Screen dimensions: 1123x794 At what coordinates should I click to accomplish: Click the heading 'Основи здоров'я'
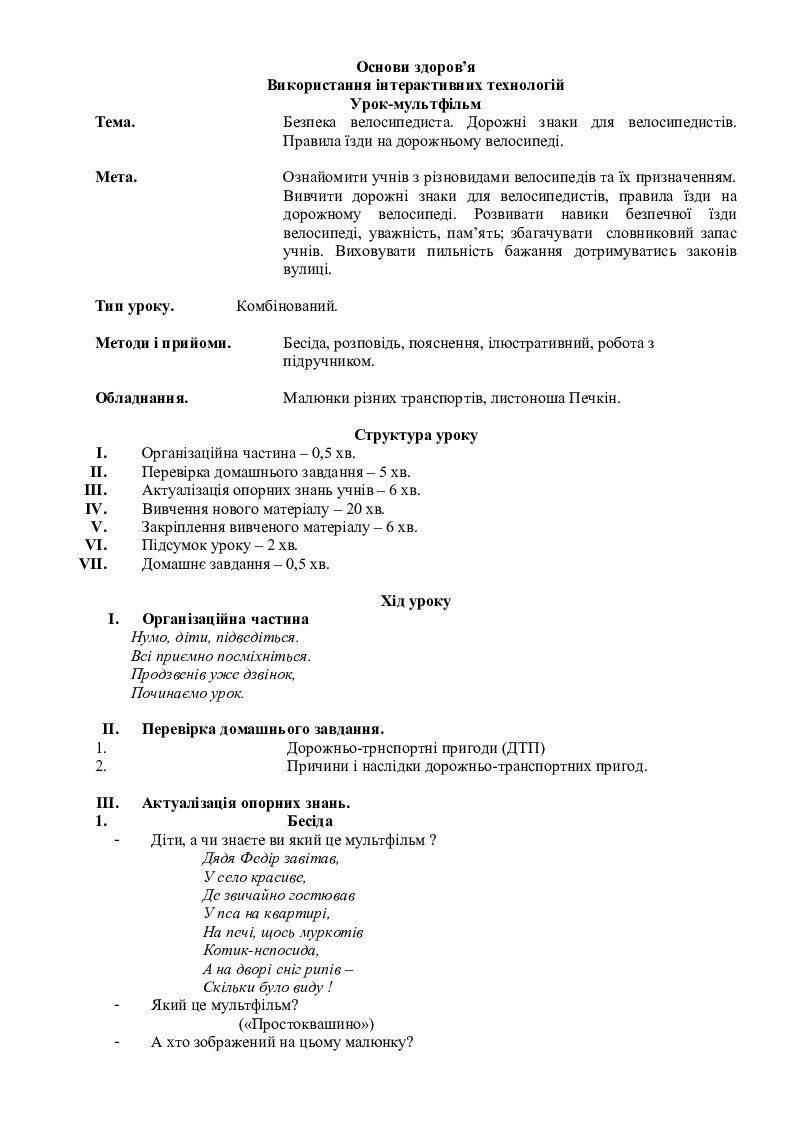(x=416, y=67)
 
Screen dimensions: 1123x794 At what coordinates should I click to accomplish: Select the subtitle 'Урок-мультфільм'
(x=416, y=103)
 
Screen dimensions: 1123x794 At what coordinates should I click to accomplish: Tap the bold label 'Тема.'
(x=116, y=122)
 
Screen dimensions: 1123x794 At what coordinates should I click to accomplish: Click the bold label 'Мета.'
(x=116, y=177)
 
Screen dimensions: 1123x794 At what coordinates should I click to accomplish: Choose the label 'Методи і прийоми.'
(x=163, y=343)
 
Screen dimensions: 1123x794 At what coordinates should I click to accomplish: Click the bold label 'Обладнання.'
(x=142, y=398)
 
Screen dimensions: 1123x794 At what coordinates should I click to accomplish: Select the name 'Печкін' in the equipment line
(x=596, y=398)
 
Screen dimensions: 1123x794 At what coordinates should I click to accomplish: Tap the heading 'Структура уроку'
(x=416, y=435)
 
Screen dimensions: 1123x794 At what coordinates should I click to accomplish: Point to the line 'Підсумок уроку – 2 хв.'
(x=220, y=545)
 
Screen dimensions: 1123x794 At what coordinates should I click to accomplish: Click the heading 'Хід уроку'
(x=416, y=601)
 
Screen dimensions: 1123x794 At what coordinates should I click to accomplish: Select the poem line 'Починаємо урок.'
(x=188, y=692)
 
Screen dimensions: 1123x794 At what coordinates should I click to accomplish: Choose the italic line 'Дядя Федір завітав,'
(x=270, y=858)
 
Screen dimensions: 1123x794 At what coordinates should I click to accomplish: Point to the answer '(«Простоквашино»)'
(x=307, y=1024)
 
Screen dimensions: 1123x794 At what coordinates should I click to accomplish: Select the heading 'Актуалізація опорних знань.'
(x=246, y=803)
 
